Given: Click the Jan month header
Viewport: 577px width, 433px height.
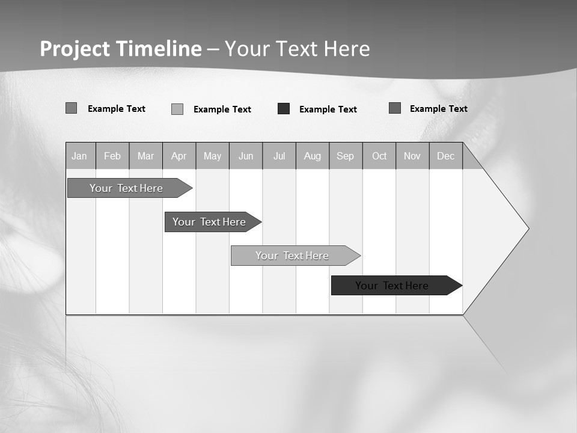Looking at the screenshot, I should pyautogui.click(x=80, y=156).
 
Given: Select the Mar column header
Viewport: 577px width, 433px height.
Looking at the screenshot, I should pyautogui.click(x=145, y=156).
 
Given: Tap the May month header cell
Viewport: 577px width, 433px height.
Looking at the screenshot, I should pyautogui.click(x=212, y=156).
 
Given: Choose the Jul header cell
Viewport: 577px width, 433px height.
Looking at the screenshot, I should pyautogui.click(x=279, y=156).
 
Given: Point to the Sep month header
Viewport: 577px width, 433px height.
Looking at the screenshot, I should pyautogui.click(x=345, y=156).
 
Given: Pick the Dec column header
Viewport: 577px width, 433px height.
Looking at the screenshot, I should pyautogui.click(x=445, y=156).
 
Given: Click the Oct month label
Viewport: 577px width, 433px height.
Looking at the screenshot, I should pyautogui.click(x=379, y=156).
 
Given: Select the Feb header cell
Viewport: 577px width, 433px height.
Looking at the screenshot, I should pyautogui.click(x=112, y=156).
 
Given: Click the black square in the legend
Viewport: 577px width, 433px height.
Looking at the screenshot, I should pyautogui.click(x=284, y=109).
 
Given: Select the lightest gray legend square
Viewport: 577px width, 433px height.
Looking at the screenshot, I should pyautogui.click(x=177, y=109).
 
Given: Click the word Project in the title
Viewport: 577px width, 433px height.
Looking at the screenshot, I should pyautogui.click(x=75, y=49).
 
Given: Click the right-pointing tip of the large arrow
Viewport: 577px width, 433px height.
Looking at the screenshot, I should pyautogui.click(x=527, y=229).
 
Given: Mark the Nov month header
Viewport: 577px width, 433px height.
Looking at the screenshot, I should pyautogui.click(x=412, y=156).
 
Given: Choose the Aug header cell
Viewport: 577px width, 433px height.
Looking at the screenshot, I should pyautogui.click(x=313, y=156).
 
